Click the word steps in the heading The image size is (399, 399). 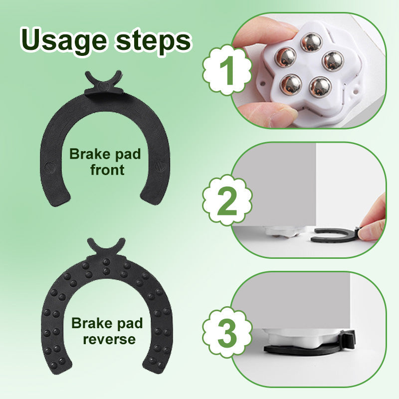153,41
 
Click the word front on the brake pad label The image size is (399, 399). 107,170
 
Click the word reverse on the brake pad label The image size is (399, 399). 109,339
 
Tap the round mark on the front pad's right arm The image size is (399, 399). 160,166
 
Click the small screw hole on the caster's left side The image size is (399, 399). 262,83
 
